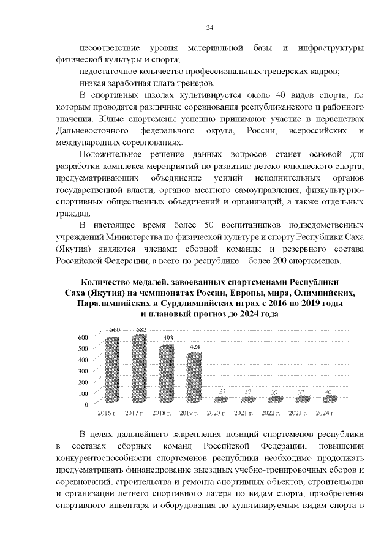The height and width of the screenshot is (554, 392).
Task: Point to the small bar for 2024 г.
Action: point(330,399)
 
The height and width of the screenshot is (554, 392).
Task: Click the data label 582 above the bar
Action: point(141,330)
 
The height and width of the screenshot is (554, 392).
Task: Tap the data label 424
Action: point(195,346)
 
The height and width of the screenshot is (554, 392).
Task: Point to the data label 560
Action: point(115,331)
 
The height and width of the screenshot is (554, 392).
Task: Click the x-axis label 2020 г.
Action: point(216,414)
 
